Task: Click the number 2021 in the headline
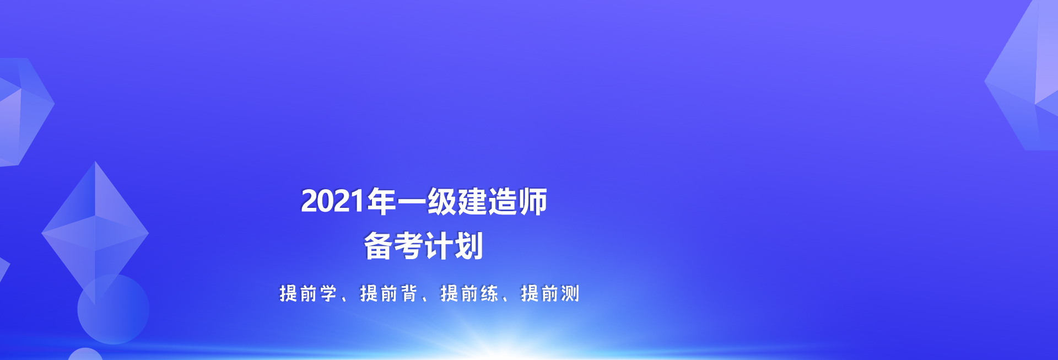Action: [x=333, y=201]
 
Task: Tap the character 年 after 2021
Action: [x=381, y=201]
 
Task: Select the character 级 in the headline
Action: [x=442, y=201]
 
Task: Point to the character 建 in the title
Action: [x=472, y=201]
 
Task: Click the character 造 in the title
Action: [x=503, y=201]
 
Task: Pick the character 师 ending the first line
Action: [x=533, y=201]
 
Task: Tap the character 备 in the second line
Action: [x=378, y=246]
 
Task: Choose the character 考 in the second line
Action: [x=408, y=246]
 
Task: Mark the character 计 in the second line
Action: [x=439, y=246]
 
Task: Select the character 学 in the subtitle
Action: [x=328, y=293]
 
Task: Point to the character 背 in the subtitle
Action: [x=409, y=293]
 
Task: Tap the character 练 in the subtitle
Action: [x=489, y=293]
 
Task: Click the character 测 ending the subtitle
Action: [x=570, y=293]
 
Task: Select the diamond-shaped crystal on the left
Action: [x=95, y=233]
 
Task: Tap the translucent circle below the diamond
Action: [x=113, y=309]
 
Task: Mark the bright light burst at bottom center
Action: [x=496, y=339]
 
